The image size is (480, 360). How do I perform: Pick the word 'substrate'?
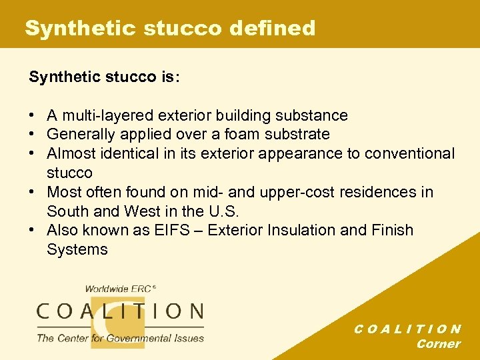[298, 135]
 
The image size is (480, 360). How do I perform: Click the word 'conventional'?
[407, 153]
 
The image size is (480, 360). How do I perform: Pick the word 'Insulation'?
[305, 231]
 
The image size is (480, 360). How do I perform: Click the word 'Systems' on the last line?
[77, 250]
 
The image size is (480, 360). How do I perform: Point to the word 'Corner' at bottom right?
[438, 344]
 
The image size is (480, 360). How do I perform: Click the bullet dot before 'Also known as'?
[33, 231]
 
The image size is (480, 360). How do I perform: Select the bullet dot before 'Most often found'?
[33, 192]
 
